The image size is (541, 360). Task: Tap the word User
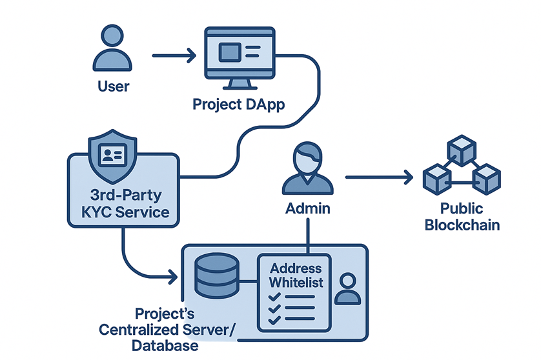pos(113,85)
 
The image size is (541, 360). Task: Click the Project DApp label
pos(240,104)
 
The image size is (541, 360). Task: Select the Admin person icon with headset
pos(308,169)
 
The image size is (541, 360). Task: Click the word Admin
pos(308,208)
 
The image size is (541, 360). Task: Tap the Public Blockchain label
pos(462,217)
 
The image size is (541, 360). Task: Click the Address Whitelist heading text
pos(296,275)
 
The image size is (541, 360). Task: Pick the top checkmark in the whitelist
pos(274,297)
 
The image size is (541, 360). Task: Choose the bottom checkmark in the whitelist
pos(274,319)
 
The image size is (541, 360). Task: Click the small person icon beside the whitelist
pos(348,288)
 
